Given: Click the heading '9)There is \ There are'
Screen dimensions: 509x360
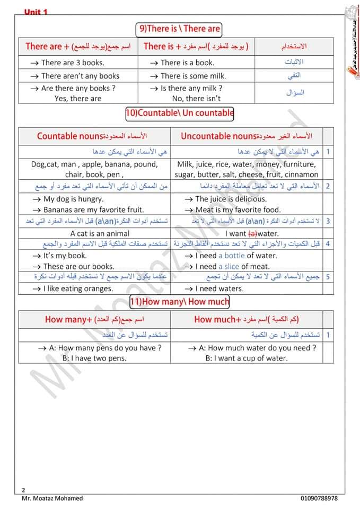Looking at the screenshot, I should pos(179,29).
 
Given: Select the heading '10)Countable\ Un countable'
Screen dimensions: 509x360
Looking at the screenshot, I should pos(180,112).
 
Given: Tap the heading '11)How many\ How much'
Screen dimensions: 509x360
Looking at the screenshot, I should pos(180,302).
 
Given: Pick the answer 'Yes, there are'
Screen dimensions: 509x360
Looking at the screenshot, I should pos(78,98).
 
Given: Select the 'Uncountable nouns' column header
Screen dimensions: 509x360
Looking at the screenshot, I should pos(218,136).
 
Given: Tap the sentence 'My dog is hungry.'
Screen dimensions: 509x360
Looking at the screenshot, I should pos(74,199).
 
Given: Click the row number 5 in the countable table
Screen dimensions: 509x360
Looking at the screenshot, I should pos(328,277).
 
